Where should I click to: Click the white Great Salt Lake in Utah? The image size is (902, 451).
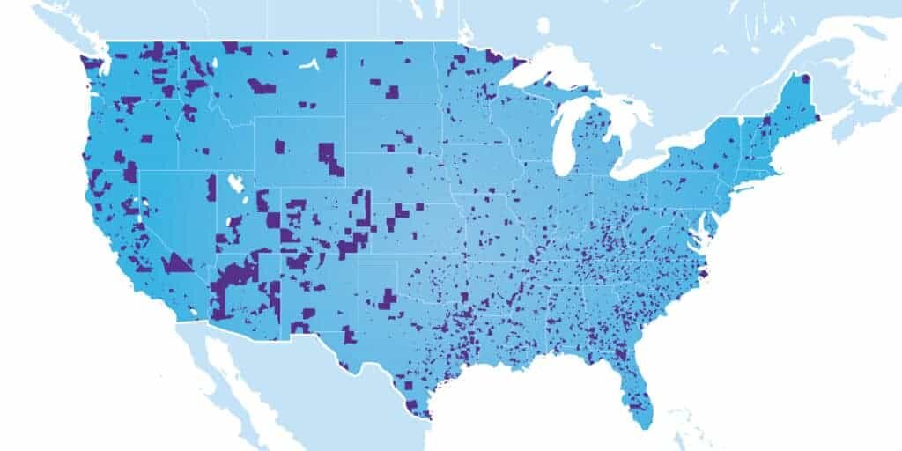[235, 184]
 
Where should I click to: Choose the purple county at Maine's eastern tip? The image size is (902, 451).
[817, 115]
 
